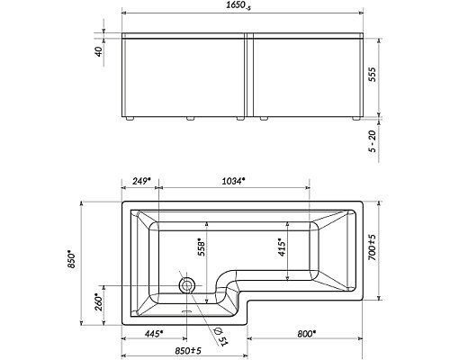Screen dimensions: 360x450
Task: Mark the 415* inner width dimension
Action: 282,244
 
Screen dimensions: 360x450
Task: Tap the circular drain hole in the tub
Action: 189,285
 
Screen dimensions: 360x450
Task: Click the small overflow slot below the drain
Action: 188,315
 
